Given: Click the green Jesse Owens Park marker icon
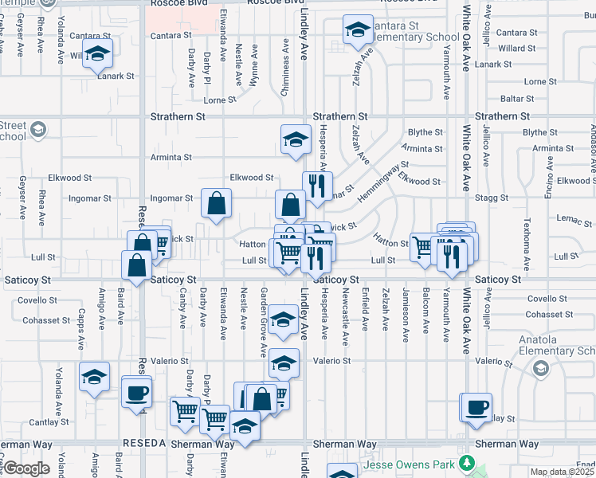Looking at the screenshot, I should [x=470, y=463].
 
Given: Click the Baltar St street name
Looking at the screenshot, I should [x=517, y=99].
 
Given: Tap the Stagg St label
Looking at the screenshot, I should [x=491, y=197].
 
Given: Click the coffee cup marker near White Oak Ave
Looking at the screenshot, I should [x=477, y=407].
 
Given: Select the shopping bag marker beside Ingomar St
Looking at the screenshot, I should [x=216, y=204].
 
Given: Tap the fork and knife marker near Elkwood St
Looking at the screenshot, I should [x=317, y=186].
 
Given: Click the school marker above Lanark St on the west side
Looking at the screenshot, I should [x=97, y=53].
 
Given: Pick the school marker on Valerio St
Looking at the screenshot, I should [x=284, y=363].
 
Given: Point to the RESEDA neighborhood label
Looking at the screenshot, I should [x=143, y=444].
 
